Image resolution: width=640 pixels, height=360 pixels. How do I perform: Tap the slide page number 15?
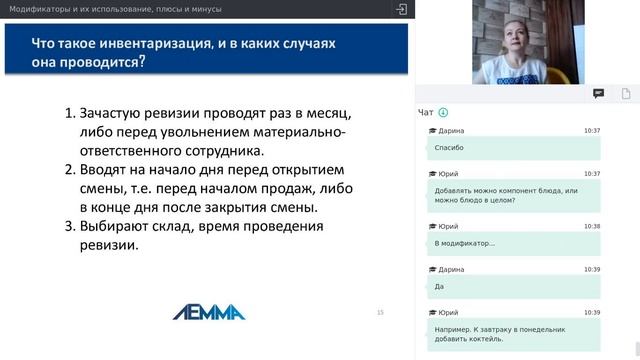[x=380, y=313]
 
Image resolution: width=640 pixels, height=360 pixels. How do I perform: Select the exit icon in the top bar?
[x=402, y=9]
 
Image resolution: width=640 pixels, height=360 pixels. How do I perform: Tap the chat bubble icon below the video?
[x=598, y=93]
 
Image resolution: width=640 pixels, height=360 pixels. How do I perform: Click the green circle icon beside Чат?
[x=443, y=113]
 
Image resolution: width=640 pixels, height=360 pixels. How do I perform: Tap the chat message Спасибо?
[x=450, y=148]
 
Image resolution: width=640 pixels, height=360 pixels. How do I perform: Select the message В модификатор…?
[x=465, y=243]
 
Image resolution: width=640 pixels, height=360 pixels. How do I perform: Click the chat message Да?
[x=440, y=286]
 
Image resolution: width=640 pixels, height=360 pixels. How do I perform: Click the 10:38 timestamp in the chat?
[x=592, y=227]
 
